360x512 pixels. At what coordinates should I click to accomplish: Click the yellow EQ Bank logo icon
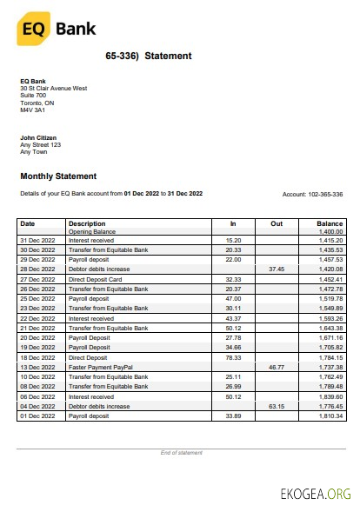pos(32,30)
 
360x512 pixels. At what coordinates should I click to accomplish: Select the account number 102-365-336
pos(322,194)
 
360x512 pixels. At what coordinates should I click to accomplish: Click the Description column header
pos(87,223)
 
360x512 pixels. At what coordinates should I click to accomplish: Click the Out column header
pos(277,223)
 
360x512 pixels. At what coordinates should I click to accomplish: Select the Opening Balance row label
pos(92,232)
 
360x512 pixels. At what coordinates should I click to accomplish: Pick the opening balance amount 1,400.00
pos(330,232)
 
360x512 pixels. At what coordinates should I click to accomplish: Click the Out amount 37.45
pos(277,269)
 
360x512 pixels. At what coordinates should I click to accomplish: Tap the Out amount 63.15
pos(277,406)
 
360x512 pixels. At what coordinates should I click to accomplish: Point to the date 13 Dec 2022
pos(37,369)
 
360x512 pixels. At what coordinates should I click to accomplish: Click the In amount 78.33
pos(233,356)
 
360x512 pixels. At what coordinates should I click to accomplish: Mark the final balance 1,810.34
pos(330,416)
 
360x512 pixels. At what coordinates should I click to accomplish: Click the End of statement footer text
pos(181,453)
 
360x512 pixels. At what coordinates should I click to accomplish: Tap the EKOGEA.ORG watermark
pos(316,493)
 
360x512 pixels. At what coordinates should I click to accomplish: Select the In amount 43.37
pos(233,317)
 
